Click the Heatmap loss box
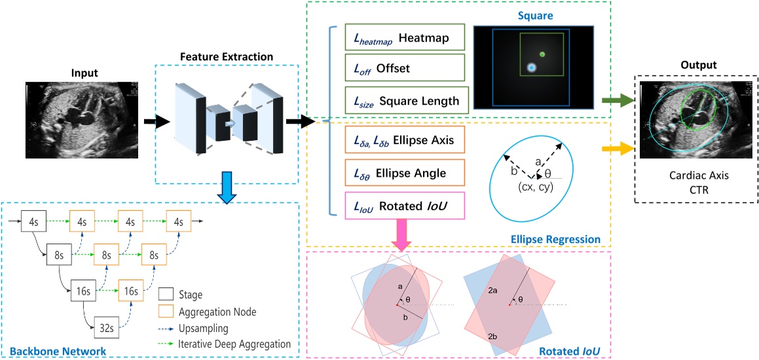(403, 39)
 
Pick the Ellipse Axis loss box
(403, 140)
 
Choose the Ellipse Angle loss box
(403, 173)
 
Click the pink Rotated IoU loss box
(403, 206)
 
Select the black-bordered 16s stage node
(83, 289)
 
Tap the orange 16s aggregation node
(130, 289)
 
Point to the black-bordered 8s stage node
(58, 254)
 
